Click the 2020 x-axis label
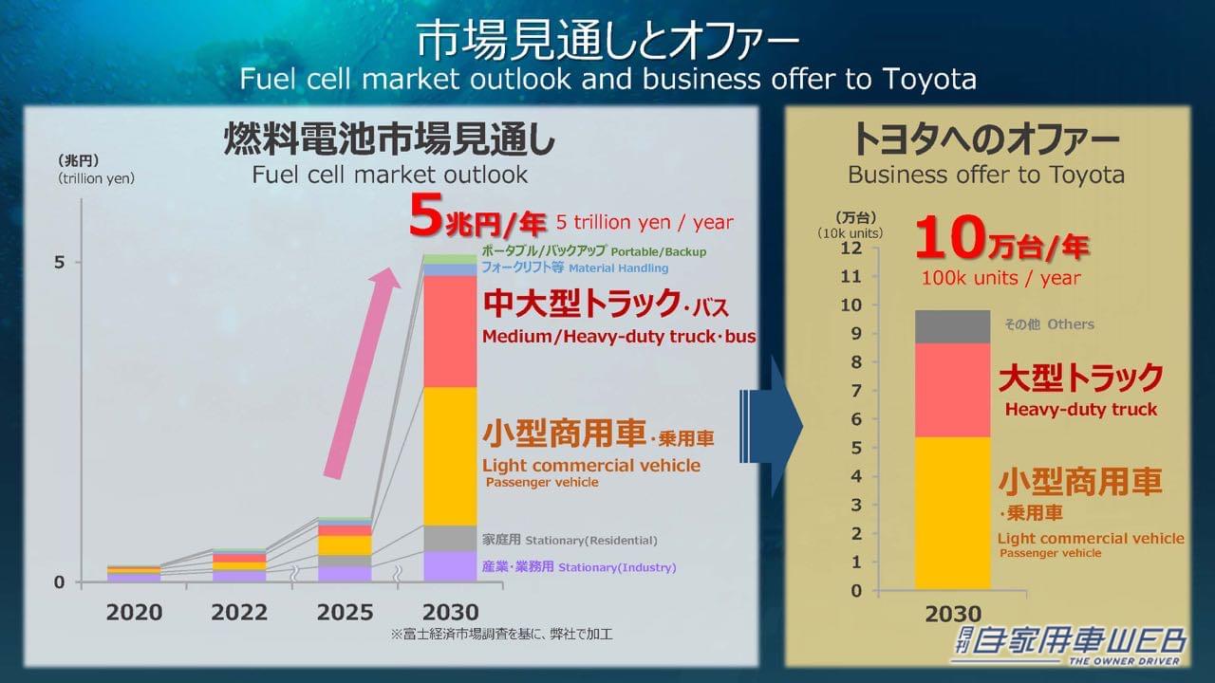[x=134, y=612]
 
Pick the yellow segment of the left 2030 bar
[x=450, y=455]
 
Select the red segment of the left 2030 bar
[x=450, y=331]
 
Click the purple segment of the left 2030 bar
[x=450, y=566]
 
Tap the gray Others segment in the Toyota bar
[x=952, y=326]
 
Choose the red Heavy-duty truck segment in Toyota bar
[x=952, y=390]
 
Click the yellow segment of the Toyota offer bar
[x=952, y=512]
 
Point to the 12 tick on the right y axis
[x=851, y=248]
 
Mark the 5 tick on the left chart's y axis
[x=59, y=262]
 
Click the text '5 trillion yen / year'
[x=645, y=222]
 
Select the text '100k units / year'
[x=1000, y=278]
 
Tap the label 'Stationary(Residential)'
[x=590, y=541]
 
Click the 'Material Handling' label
[x=618, y=268]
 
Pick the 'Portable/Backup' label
[x=658, y=252]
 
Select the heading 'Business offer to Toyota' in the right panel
[x=985, y=175]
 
